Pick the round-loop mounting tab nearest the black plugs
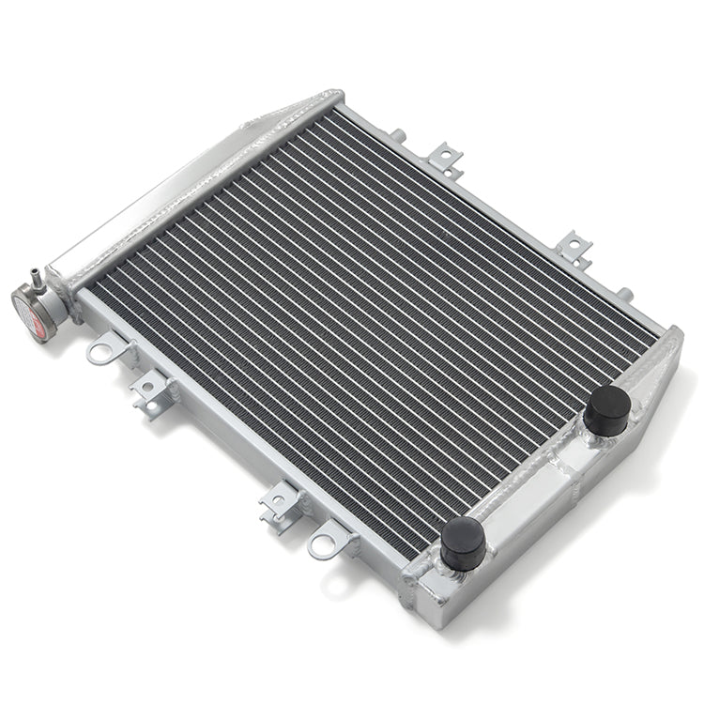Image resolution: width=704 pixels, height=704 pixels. (x=324, y=543)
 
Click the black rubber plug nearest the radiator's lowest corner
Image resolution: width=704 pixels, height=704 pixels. (x=463, y=543)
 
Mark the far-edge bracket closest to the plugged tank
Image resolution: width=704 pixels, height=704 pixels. (x=573, y=248)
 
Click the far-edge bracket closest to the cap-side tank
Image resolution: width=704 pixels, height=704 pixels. (x=446, y=160)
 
